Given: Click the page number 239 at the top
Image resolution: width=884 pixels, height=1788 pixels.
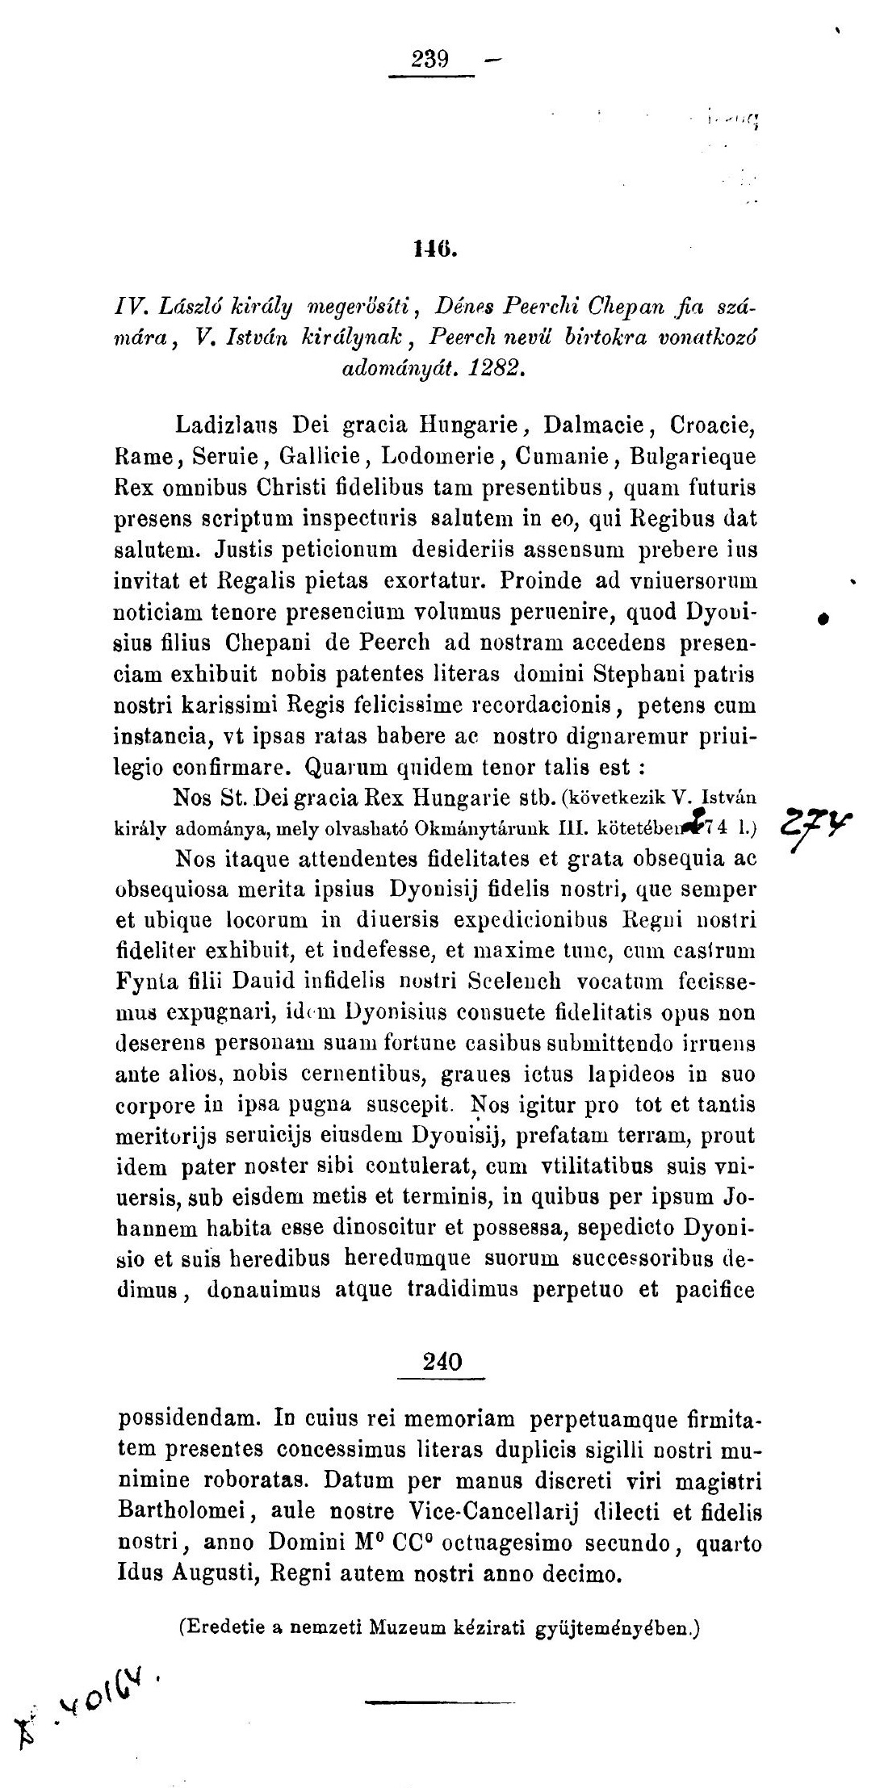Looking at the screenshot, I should click(x=429, y=60).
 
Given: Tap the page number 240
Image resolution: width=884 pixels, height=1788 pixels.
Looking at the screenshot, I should click(x=442, y=1362).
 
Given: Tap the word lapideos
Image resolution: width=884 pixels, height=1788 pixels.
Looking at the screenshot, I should click(x=634, y=1074).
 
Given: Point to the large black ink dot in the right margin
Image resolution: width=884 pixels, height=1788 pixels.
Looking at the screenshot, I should click(x=823, y=618).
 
